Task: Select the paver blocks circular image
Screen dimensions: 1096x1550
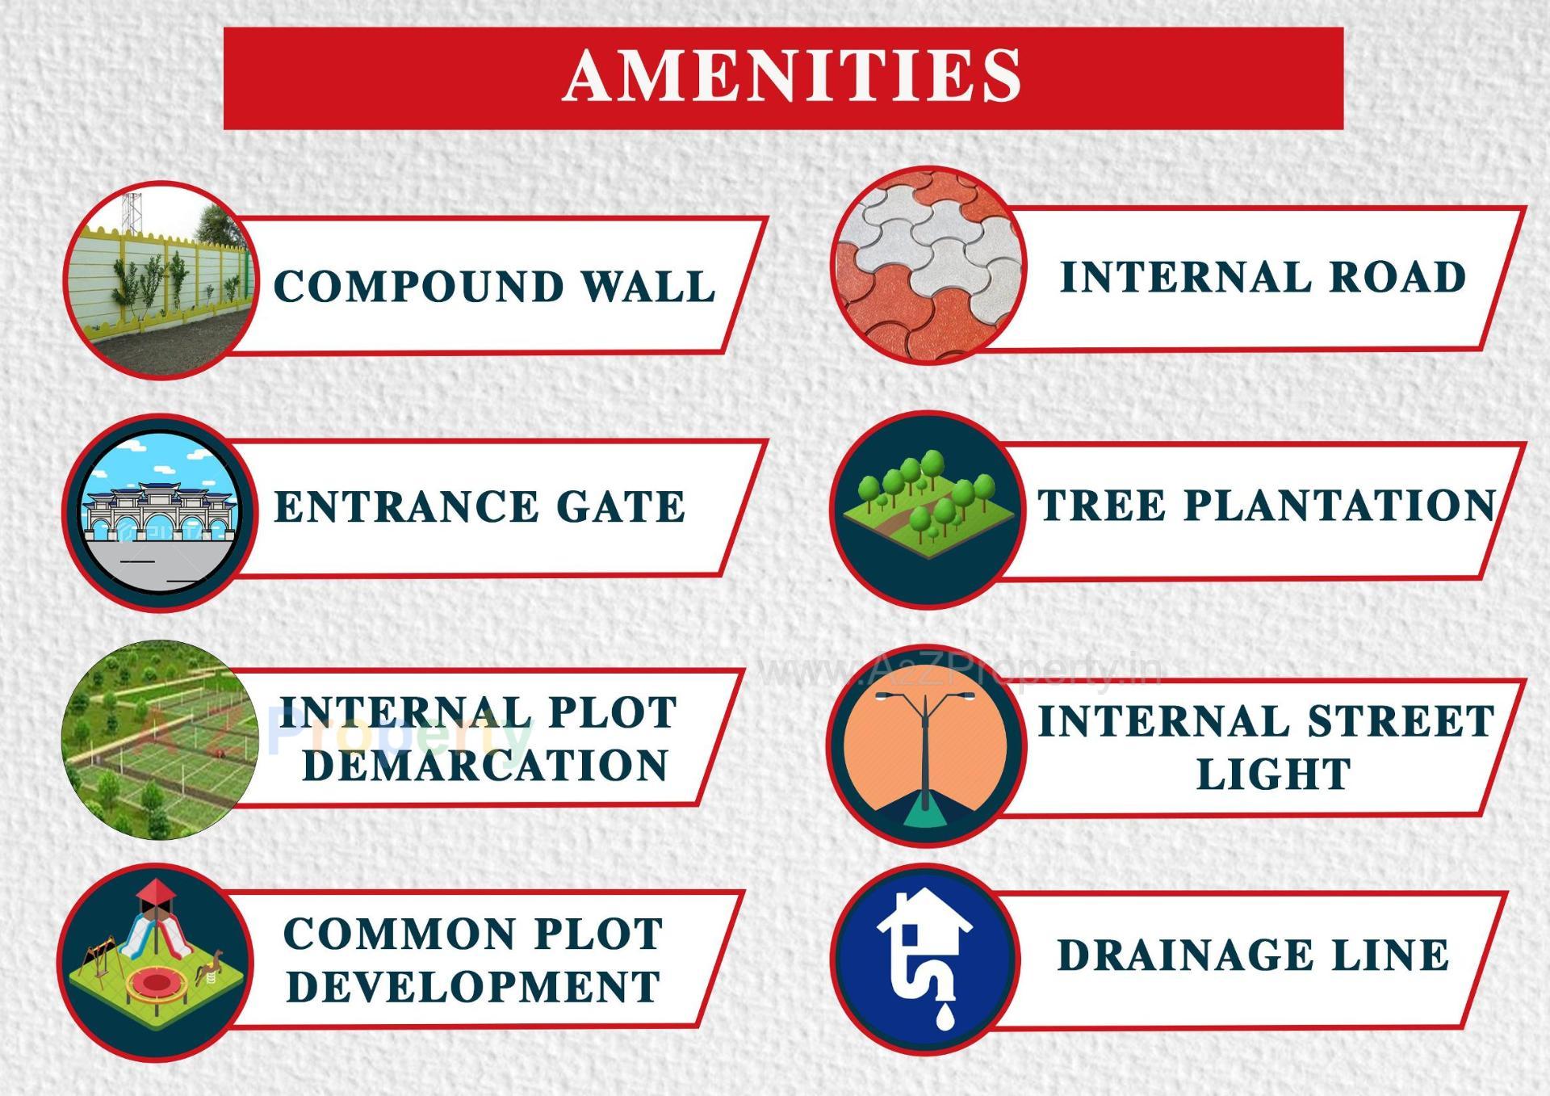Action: point(928,266)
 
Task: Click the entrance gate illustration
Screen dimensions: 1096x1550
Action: point(160,511)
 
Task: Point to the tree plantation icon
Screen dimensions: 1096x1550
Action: point(928,508)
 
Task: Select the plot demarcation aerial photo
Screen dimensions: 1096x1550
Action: point(159,740)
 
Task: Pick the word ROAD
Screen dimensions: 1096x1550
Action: point(1397,277)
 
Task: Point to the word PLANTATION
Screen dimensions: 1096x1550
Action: point(1340,506)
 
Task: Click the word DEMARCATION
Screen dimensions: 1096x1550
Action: point(485,766)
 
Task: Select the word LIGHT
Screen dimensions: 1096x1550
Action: point(1273,775)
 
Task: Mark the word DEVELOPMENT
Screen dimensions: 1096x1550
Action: point(474,987)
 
